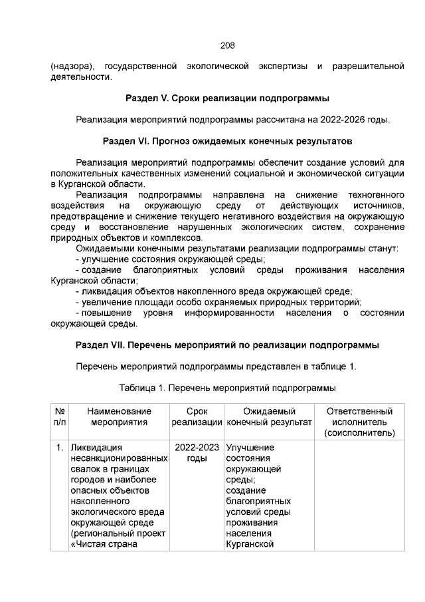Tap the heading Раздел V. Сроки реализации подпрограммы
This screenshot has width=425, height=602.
tap(227, 98)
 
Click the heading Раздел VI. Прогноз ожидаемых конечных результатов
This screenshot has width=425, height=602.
tap(227, 142)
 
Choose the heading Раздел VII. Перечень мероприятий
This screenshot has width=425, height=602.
tap(227, 345)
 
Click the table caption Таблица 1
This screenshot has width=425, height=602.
tap(227, 388)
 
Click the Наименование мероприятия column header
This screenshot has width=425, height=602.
tap(119, 417)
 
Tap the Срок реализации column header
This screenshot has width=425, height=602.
tap(197, 417)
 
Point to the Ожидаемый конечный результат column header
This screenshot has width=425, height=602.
tap(269, 417)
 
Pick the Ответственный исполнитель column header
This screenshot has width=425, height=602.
tap(359, 422)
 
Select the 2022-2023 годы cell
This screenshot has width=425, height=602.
tap(197, 453)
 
